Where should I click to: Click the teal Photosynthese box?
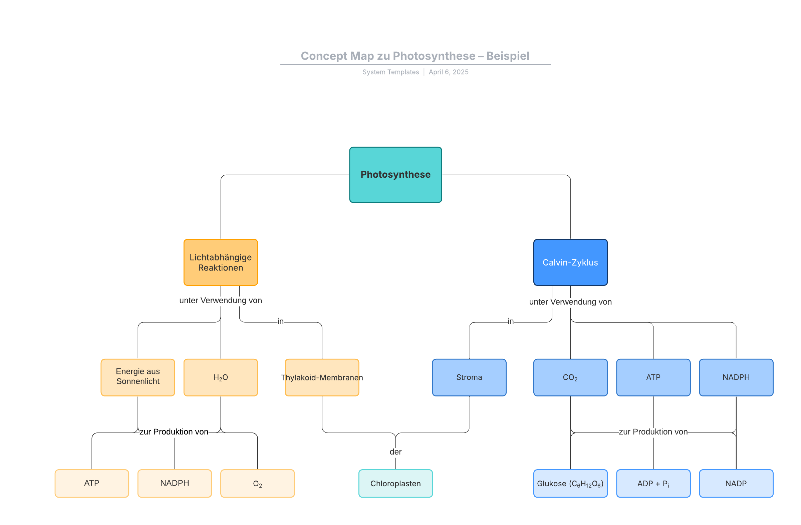coord(395,175)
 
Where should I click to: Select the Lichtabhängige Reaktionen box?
coord(221,262)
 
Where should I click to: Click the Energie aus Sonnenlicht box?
coord(138,377)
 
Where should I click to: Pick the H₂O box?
coord(221,377)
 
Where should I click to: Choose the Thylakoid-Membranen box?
coord(322,377)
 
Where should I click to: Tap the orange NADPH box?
coord(174,483)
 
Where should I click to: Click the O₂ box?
coord(257,483)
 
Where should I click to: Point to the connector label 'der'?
coord(395,452)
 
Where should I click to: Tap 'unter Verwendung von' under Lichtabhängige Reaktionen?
coord(221,300)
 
